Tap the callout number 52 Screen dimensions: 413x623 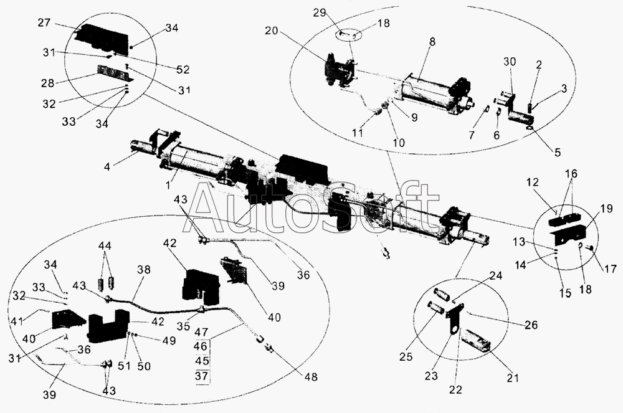[165, 69]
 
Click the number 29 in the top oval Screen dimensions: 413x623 [336, 14]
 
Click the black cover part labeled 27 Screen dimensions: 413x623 [103, 37]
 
